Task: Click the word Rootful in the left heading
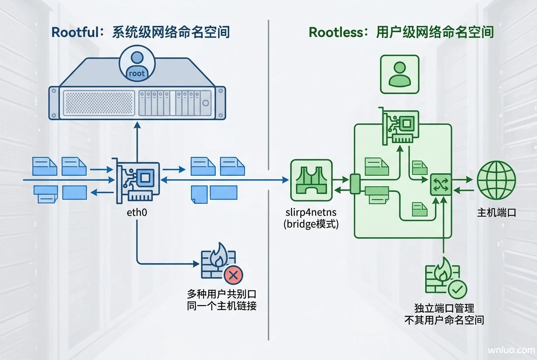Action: click(75, 32)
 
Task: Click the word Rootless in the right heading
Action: click(336, 32)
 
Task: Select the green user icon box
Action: click(400, 74)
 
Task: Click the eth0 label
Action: click(137, 212)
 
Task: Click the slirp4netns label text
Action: click(311, 212)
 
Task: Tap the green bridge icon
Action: click(311, 180)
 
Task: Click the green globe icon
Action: click(496, 180)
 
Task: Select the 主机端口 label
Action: click(497, 212)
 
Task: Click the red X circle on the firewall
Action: click(233, 275)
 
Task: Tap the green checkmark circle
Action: click(458, 290)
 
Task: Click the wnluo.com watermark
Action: click(512, 350)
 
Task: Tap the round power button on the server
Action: click(206, 103)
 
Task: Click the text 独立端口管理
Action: click(444, 308)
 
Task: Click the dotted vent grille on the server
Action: click(99, 103)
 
